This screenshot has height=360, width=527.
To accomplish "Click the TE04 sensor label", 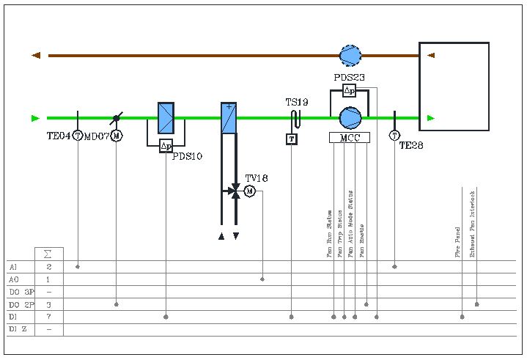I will pyautogui.click(x=58, y=136).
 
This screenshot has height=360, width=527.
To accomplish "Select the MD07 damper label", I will pyautogui.click(x=97, y=136).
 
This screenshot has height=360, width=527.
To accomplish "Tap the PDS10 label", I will pyautogui.click(x=187, y=156).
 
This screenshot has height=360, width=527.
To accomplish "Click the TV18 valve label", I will pyautogui.click(x=257, y=178).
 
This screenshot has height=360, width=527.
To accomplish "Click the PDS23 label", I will pyautogui.click(x=349, y=77).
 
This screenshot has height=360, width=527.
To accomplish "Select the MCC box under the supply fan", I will pyautogui.click(x=350, y=137).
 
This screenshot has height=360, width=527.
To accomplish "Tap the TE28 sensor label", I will pyautogui.click(x=411, y=145).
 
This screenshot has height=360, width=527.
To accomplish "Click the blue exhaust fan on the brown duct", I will pyautogui.click(x=350, y=55).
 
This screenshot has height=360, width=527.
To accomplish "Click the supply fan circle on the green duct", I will pyautogui.click(x=350, y=118).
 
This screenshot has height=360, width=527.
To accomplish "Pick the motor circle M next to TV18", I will pyautogui.click(x=249, y=191).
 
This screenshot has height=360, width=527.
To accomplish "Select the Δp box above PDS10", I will pyautogui.click(x=166, y=145).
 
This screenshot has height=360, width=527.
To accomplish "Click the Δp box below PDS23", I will pyautogui.click(x=349, y=91).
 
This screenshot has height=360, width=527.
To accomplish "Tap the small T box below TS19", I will pyautogui.click(x=291, y=139).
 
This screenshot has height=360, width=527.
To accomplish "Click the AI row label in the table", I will pyautogui.click(x=13, y=267).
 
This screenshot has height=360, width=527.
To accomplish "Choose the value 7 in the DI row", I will pyautogui.click(x=48, y=317).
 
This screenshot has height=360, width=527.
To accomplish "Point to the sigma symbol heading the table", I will pyautogui.click(x=48, y=254).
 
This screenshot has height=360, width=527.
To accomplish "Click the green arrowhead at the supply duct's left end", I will pyautogui.click(x=35, y=118).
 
